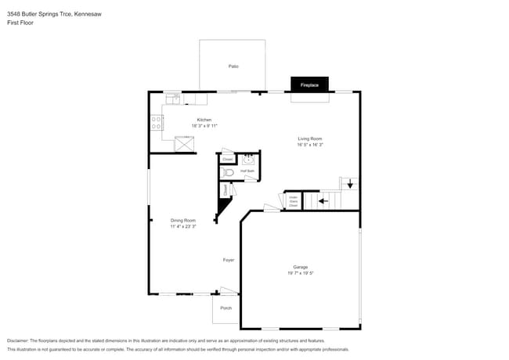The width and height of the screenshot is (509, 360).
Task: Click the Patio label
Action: click(233, 67)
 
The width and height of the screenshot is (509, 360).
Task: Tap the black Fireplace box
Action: click(309, 84)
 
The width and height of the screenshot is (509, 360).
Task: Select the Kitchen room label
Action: click(204, 120)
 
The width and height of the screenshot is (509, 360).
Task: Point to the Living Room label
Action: click(310, 139)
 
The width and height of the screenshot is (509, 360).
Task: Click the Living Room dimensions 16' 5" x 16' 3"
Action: click(310, 145)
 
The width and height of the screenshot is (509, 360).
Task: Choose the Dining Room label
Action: click(183, 220)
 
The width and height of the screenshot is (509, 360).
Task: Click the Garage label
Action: click(300, 267)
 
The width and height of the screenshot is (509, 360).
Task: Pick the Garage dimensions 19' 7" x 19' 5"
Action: click(300, 273)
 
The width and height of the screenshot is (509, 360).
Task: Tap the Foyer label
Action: click(229, 260)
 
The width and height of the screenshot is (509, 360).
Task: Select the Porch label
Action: click(226, 308)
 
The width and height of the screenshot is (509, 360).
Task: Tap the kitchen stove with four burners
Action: click(156, 122)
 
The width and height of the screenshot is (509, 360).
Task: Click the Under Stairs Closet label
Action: click(292, 201)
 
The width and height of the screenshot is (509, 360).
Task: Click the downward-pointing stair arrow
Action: click(350, 185)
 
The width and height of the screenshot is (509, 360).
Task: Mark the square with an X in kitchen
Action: click(184, 143)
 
